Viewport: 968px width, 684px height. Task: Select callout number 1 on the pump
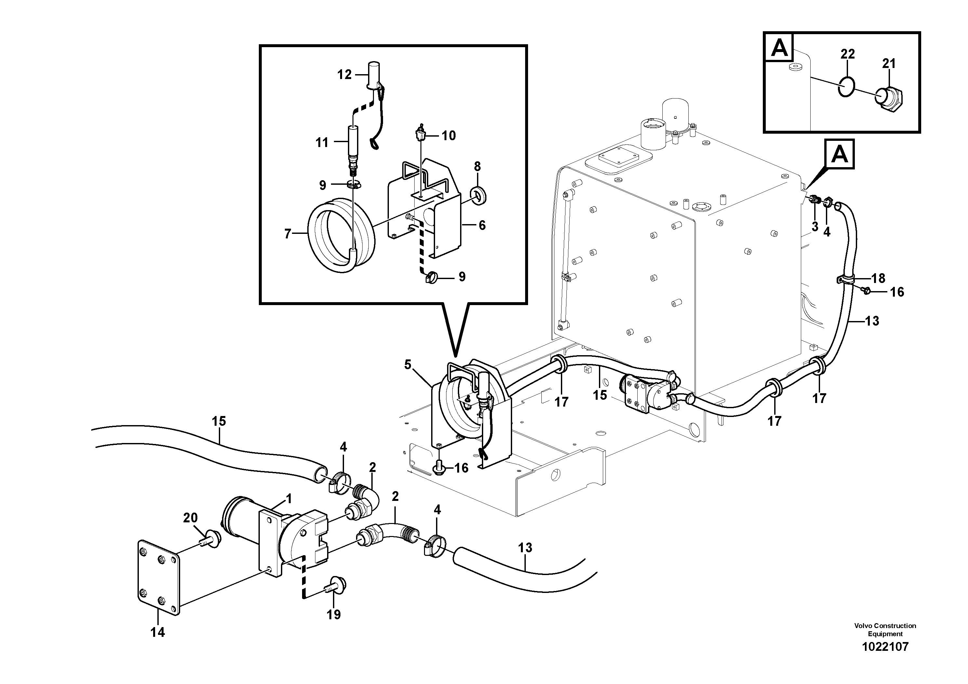point(288,499)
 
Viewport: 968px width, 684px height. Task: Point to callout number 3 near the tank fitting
point(814,226)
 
